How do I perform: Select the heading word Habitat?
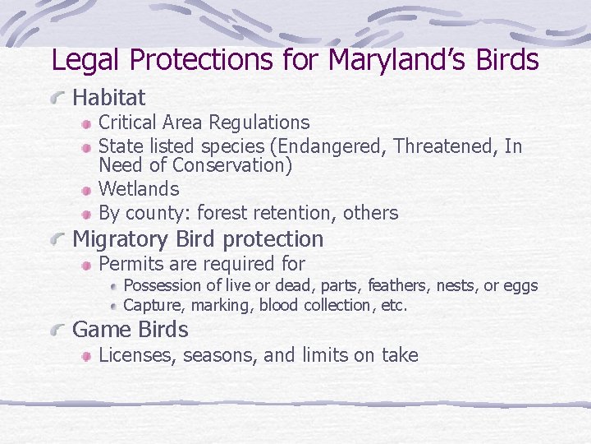pos(109,98)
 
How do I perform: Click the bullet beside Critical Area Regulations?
pos(87,124)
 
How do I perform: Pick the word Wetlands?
pos(139,189)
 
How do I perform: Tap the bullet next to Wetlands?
pos(87,191)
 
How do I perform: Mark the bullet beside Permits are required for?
pos(87,266)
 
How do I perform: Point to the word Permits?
pos(128,264)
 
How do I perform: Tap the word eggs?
pos(520,286)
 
